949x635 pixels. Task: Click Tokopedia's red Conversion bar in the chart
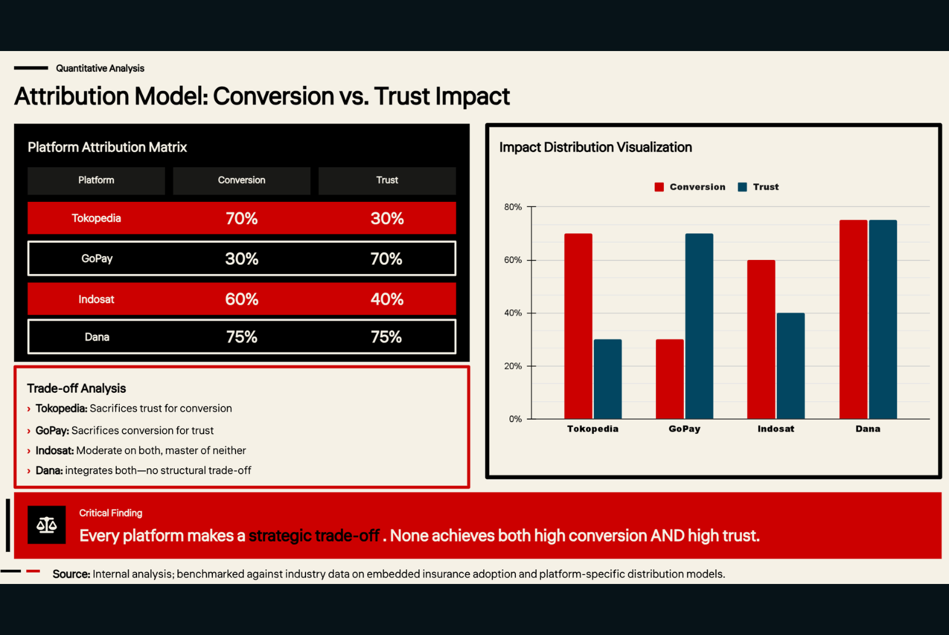coord(578,326)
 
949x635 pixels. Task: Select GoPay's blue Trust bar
coord(699,326)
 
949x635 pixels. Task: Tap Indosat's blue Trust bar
coord(791,366)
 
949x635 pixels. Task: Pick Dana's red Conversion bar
coord(854,319)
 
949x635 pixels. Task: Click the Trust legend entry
coord(759,187)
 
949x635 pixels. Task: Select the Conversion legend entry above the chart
coord(690,187)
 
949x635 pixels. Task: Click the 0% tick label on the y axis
coord(515,419)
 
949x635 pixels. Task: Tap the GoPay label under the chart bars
coord(684,428)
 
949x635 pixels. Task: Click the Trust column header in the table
coord(387,180)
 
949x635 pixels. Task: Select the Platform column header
coord(96,180)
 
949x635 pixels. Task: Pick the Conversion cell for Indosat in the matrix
coord(241,299)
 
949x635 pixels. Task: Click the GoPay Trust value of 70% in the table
coord(386,259)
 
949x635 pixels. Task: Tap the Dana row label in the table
coord(97,337)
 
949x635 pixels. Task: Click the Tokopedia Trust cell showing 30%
coord(387,218)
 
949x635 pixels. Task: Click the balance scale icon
coord(47,525)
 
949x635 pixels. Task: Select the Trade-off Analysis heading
coord(77,388)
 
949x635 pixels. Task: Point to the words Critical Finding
coord(110,513)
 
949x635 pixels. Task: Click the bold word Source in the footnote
coord(71,574)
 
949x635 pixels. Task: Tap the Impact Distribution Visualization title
coord(595,147)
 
